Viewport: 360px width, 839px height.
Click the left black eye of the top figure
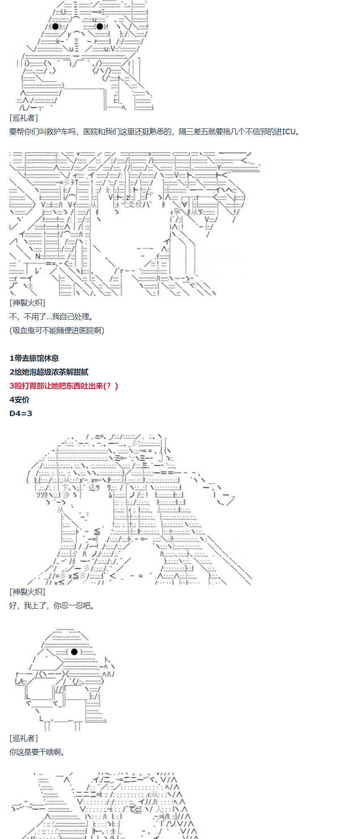click(55, 26)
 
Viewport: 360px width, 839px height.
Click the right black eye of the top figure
click(99, 26)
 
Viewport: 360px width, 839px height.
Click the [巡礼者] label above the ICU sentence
click(23, 118)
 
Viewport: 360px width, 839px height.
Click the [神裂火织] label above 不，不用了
click(27, 303)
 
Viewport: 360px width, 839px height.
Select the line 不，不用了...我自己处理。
click(51, 317)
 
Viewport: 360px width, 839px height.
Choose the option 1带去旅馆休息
click(34, 358)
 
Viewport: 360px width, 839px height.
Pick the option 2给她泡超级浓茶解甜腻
click(49, 372)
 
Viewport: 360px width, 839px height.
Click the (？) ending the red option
click(111, 386)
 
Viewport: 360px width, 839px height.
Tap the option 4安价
click(19, 400)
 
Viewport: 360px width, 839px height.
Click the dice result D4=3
click(21, 414)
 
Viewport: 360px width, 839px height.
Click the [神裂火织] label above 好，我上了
click(27, 592)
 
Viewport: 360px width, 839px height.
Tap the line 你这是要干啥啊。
click(37, 752)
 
